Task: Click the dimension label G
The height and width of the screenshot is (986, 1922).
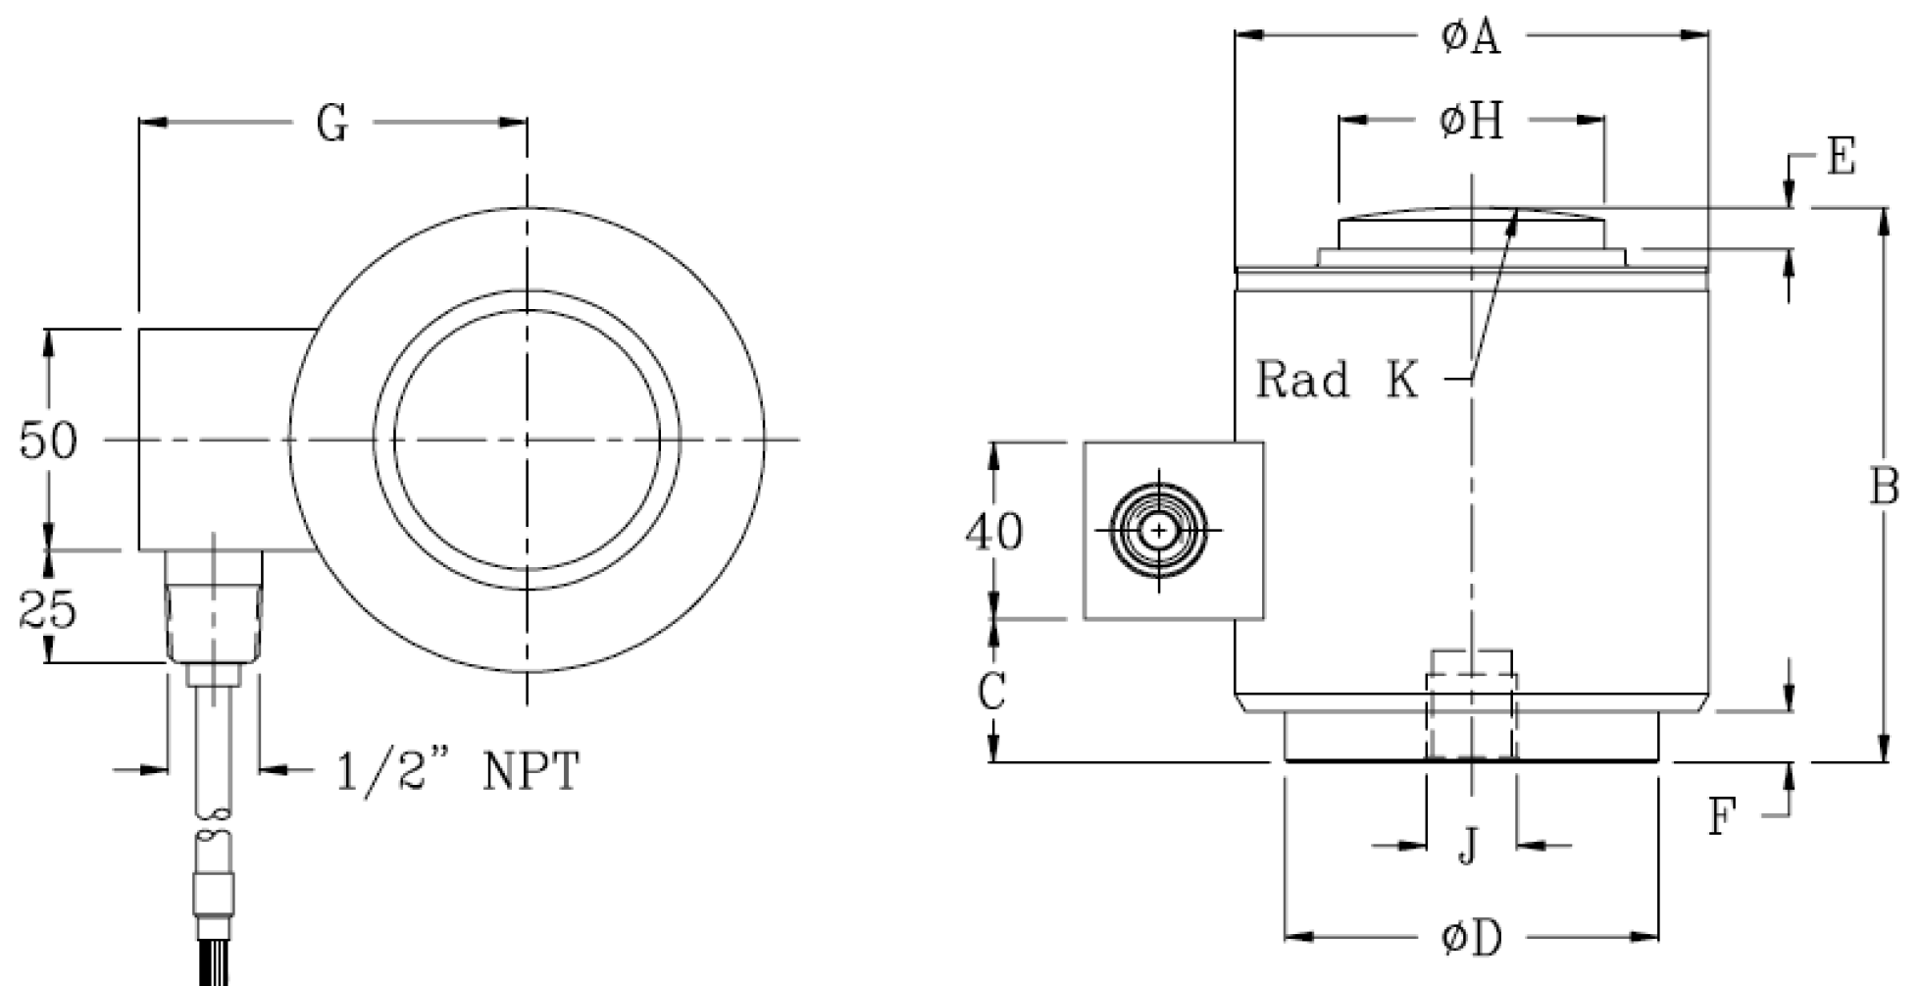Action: tap(331, 125)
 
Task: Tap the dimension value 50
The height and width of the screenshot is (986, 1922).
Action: tap(47, 441)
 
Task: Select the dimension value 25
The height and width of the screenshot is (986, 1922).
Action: tap(47, 611)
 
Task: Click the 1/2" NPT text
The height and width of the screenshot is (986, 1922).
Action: tap(458, 772)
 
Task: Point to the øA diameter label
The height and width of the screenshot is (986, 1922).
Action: tap(1471, 37)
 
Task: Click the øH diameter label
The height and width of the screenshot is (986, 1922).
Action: tap(1471, 122)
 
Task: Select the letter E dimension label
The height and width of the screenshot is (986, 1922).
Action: tap(1842, 157)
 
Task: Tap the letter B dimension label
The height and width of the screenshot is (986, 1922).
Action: tap(1884, 487)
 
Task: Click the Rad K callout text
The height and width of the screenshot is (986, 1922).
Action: tap(1338, 380)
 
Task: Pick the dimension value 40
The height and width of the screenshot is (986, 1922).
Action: tap(993, 532)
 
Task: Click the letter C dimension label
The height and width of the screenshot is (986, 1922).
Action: tap(992, 693)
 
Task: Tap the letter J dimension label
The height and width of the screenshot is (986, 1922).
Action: tap(1468, 846)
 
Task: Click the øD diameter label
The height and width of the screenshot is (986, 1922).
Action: tap(1471, 939)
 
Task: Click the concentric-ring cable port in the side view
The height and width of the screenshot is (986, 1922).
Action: tap(1160, 531)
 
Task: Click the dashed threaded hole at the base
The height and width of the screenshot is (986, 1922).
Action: tap(1471, 706)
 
